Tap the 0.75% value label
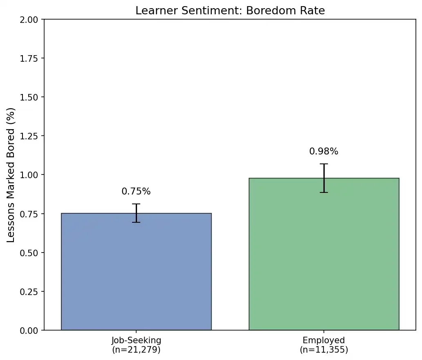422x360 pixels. point(136,192)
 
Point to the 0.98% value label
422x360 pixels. point(324,152)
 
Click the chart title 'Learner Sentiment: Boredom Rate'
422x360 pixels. point(230,11)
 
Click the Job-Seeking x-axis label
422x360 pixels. point(136,340)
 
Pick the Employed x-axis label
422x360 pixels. point(324,340)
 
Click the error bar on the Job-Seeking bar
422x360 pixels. point(136,213)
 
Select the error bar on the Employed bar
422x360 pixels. point(324,178)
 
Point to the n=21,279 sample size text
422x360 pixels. point(136,350)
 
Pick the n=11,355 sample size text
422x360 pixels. point(324,350)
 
